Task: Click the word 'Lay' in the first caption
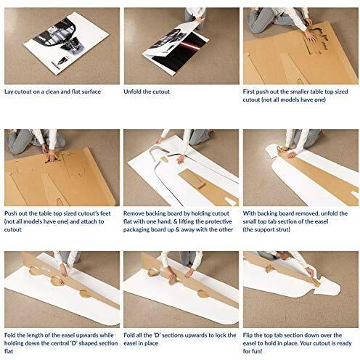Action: click(9, 92)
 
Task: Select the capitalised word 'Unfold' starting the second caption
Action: click(135, 92)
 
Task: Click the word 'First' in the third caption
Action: click(252, 92)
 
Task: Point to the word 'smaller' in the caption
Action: click(312, 92)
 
